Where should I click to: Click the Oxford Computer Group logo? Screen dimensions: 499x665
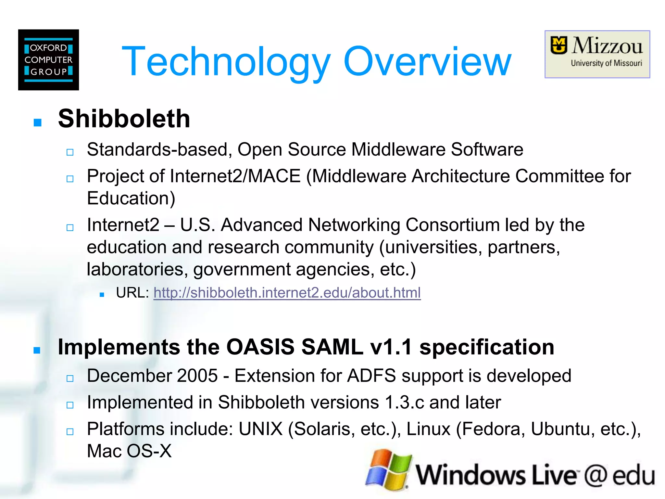click(48, 60)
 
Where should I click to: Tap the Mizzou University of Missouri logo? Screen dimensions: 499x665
click(597, 54)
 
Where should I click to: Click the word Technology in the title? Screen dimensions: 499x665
click(226, 62)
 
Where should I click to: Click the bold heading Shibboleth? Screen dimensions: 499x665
click(124, 119)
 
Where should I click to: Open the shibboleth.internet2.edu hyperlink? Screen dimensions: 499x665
click(287, 293)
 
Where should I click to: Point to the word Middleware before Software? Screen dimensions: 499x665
click(398, 149)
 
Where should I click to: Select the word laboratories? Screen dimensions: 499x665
click(137, 269)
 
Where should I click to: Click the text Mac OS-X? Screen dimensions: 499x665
click(129, 451)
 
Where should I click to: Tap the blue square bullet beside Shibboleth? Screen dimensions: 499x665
click(38, 122)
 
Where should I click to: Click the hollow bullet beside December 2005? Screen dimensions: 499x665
click(70, 378)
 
